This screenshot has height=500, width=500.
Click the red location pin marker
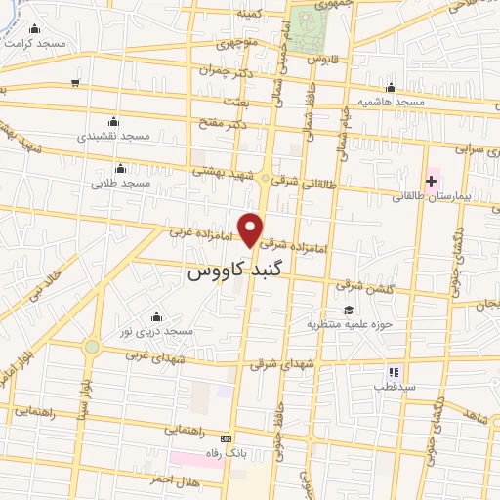(x=252, y=229)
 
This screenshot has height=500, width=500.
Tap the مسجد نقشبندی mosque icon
(x=114, y=121)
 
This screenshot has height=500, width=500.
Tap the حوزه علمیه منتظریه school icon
(x=350, y=310)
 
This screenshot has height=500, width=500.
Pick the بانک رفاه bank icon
(x=227, y=439)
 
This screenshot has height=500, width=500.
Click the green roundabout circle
(x=92, y=347)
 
